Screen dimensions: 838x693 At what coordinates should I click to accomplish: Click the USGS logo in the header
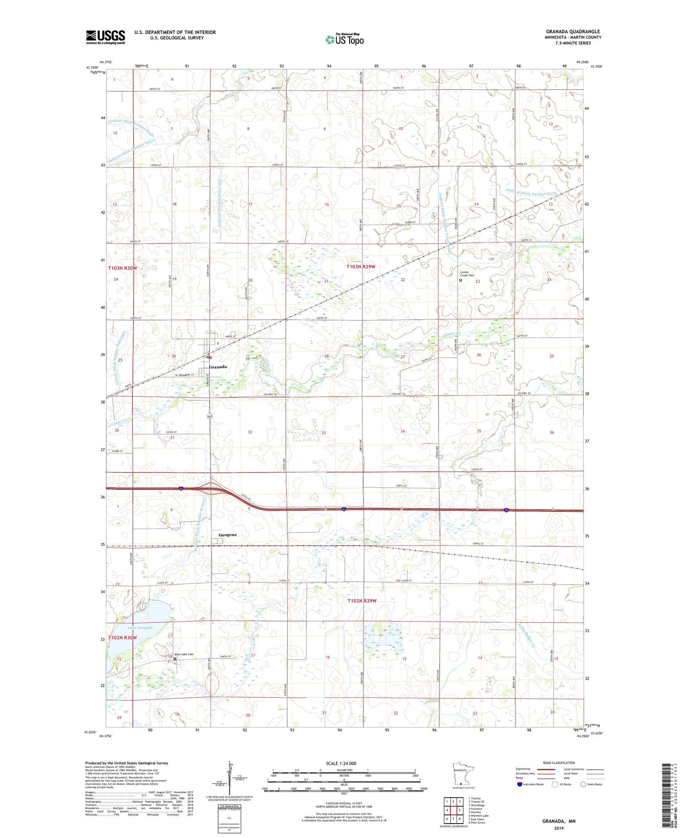106,36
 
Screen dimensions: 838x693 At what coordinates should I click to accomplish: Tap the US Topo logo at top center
344,39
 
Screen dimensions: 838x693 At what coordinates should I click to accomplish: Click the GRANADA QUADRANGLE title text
573,32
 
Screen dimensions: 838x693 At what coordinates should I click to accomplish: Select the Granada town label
218,367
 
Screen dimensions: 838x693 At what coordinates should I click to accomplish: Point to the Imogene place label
227,535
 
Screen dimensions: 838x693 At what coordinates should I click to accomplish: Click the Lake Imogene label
140,628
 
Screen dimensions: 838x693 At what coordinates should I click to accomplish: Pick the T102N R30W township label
122,638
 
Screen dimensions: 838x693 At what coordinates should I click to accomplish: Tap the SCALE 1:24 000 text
341,764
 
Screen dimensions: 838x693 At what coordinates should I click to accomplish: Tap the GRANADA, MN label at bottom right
559,821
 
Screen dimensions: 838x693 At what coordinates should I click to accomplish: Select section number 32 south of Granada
250,432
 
